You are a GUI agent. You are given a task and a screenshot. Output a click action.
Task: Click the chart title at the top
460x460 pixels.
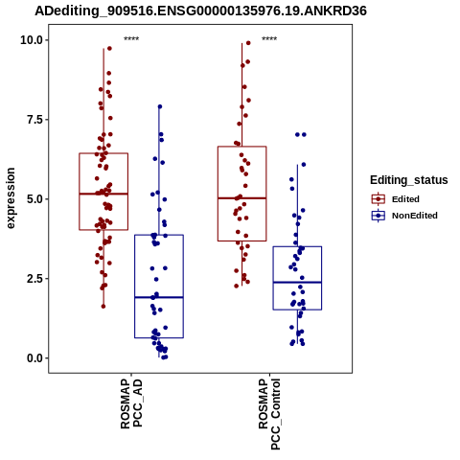point(200,11)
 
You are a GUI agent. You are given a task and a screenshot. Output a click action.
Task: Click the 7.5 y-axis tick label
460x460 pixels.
point(34,120)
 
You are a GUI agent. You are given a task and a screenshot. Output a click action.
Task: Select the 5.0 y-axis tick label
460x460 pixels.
point(34,199)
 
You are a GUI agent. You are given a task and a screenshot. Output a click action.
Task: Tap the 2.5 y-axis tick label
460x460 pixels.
point(34,278)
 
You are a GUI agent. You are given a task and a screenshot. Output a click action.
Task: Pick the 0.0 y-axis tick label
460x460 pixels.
point(34,358)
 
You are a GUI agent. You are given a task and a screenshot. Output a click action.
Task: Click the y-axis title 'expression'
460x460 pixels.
point(11,198)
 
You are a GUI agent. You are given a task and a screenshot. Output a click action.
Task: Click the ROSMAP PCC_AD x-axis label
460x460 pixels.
point(131,403)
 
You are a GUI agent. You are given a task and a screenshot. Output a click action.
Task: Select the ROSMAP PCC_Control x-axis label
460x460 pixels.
point(269,414)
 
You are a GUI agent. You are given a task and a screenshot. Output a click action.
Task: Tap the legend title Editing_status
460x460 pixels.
point(409,180)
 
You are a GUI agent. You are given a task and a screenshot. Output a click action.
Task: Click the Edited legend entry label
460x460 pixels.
point(405,199)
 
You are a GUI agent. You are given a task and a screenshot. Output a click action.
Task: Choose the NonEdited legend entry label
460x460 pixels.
point(415,216)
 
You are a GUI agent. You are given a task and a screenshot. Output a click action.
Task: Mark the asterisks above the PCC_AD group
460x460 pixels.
point(131,39)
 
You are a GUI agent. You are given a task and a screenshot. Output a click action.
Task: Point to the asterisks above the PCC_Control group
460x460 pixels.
point(269,39)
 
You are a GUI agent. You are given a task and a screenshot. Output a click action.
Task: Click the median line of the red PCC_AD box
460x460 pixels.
point(103,194)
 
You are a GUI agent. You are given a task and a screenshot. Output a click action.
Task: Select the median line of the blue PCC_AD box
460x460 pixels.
point(159,297)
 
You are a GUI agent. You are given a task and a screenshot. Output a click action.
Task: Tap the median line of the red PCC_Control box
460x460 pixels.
point(241,198)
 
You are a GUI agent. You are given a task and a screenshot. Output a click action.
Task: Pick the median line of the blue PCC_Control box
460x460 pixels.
point(297,282)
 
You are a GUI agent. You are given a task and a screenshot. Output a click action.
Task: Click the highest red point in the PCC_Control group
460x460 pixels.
point(248,43)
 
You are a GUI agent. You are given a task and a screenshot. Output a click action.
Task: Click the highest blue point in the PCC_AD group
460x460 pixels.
point(160,106)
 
